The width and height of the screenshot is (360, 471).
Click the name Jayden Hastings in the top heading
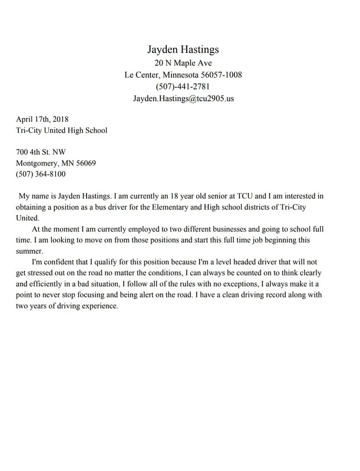pos(183,49)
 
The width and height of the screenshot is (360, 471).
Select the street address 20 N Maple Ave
pos(183,63)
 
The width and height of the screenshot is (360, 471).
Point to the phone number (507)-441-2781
pos(183,87)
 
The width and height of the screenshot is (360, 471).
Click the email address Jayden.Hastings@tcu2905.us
pos(183,98)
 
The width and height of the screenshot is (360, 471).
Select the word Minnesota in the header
pos(177,75)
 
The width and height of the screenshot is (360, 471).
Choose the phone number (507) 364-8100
pos(41,174)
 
